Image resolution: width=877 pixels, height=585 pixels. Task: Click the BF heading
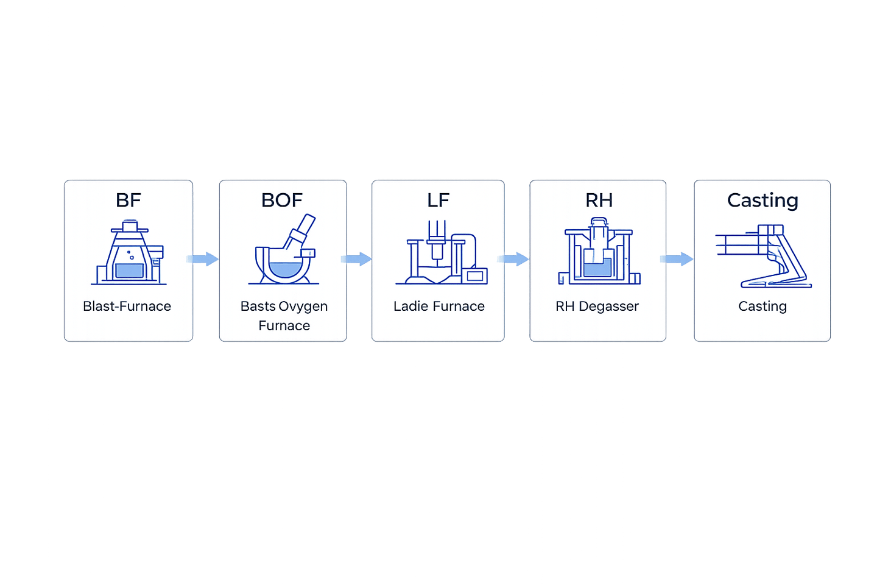coord(128,200)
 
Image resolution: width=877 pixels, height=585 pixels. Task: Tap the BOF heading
coord(281,200)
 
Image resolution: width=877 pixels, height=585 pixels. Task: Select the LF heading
coord(438,200)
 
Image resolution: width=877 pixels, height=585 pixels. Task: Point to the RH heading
coord(599,200)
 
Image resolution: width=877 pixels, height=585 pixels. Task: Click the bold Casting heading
coord(763,200)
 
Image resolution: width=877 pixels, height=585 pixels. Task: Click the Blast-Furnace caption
coord(127,306)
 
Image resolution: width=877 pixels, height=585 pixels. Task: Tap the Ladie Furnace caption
coord(438,306)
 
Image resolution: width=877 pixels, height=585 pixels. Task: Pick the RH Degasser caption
coord(597,306)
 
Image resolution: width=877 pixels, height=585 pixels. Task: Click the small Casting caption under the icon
coord(763,306)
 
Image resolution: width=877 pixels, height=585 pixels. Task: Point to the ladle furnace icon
coord(441,253)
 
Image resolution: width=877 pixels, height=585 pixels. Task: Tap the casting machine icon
coord(764,256)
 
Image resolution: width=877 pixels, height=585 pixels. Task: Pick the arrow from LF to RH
coord(516,259)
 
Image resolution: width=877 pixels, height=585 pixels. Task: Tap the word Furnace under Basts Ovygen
coord(284,325)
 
